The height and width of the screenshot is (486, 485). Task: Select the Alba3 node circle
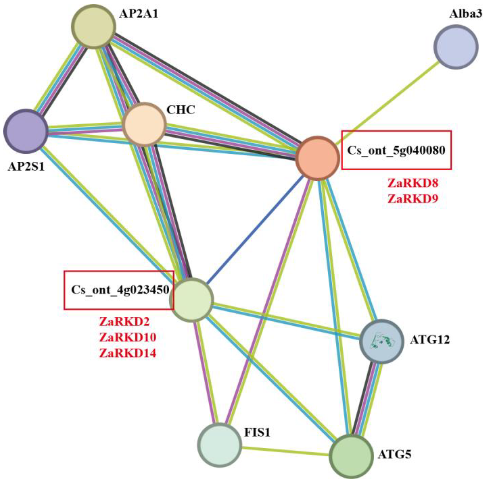pyautogui.click(x=456, y=47)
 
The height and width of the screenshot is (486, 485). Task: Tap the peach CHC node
pyautogui.click(x=144, y=124)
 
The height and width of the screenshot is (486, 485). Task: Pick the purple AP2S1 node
pyautogui.click(x=26, y=131)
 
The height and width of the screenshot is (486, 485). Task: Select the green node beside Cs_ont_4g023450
pyautogui.click(x=192, y=300)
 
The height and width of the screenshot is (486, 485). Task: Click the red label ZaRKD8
pyautogui.click(x=413, y=183)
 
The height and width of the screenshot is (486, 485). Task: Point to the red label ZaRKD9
pyautogui.click(x=413, y=199)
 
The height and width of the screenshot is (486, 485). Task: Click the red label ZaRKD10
pyautogui.click(x=128, y=337)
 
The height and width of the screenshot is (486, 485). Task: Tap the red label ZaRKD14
pyautogui.click(x=128, y=353)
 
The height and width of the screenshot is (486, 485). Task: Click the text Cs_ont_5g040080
pyautogui.click(x=396, y=150)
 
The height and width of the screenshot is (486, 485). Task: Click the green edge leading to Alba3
pyautogui.click(x=388, y=103)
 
